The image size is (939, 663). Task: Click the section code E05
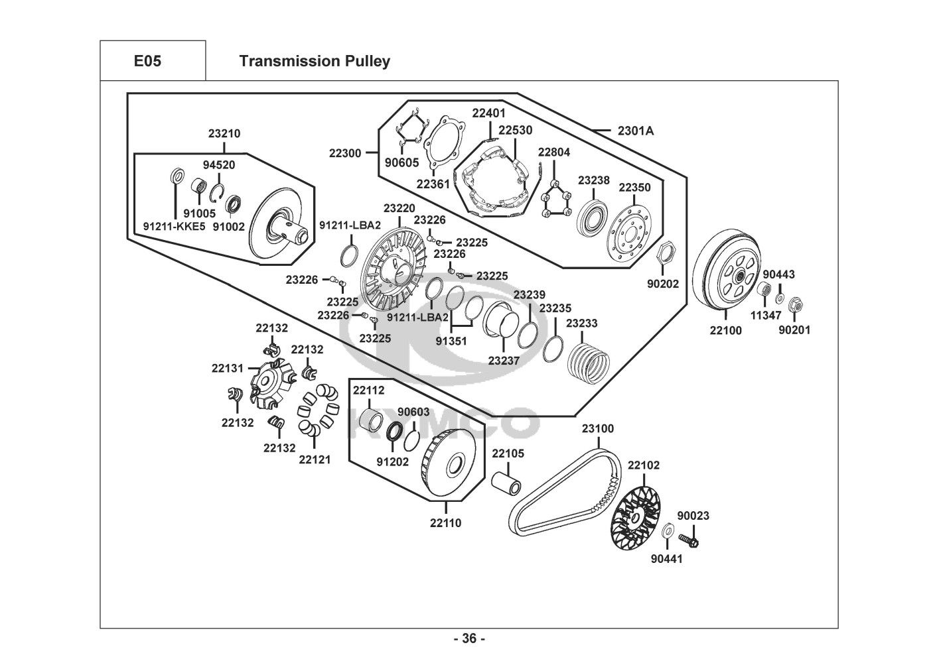pyautogui.click(x=147, y=61)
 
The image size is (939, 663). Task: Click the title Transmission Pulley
pyautogui.click(x=315, y=61)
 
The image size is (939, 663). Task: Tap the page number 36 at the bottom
pyautogui.click(x=469, y=639)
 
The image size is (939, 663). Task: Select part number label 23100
pyautogui.click(x=598, y=428)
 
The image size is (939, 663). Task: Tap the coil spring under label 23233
pyautogui.click(x=589, y=362)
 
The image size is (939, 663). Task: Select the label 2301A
pyautogui.click(x=635, y=131)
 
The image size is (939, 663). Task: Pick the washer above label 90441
pyautogui.click(x=670, y=529)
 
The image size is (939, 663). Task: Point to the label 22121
pyautogui.click(x=315, y=459)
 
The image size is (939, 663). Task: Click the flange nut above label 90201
pyautogui.click(x=794, y=306)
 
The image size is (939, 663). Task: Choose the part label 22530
pyautogui.click(x=515, y=131)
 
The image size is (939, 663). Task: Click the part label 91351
pyautogui.click(x=451, y=341)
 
